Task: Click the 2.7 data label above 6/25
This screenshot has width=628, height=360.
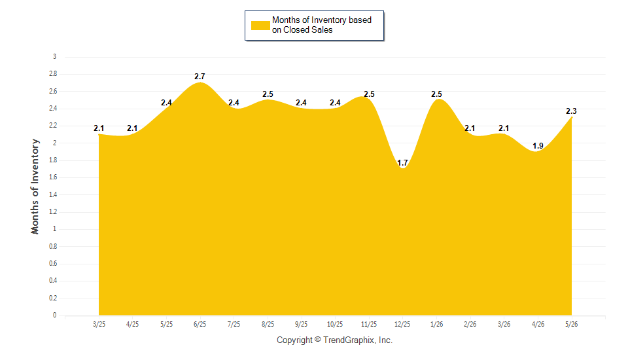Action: (200, 76)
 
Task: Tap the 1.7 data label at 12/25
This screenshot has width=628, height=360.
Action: (402, 163)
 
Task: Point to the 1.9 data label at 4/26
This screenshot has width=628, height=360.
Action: (538, 146)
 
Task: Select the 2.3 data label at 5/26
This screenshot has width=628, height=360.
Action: (571, 111)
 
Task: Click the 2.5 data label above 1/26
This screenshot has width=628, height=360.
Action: (436, 94)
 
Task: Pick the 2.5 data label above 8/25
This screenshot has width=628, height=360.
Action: (268, 94)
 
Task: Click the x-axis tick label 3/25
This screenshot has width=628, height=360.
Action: (99, 324)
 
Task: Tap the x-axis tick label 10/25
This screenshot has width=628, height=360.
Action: (335, 324)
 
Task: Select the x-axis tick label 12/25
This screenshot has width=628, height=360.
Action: (402, 324)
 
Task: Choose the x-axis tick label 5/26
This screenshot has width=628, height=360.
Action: (572, 324)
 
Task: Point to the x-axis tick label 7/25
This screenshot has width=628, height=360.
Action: (234, 324)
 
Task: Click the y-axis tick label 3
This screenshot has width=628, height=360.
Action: (54, 56)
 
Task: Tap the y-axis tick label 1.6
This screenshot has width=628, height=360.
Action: (53, 177)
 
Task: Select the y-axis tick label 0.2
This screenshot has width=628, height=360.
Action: (53, 298)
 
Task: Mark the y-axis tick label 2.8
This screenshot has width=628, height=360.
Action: (53, 74)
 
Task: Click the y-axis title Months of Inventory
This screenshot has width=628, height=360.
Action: (35, 187)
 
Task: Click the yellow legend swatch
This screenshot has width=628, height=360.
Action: (260, 26)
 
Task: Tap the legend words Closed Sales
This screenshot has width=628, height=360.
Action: (308, 30)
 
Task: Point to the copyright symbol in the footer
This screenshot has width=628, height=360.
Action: (318, 340)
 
